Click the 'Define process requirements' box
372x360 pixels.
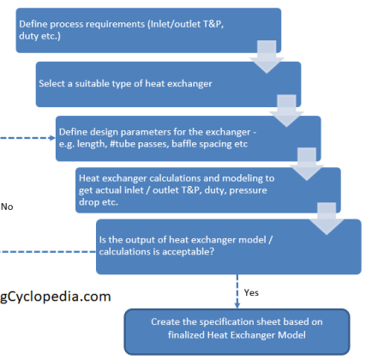(148, 30)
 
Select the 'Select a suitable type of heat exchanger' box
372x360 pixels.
(168, 84)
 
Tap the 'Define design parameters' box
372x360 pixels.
(189, 139)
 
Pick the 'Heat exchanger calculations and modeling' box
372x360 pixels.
(208, 190)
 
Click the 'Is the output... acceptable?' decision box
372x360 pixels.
(229, 247)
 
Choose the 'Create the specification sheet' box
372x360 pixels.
(237, 332)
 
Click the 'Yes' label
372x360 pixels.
(251, 292)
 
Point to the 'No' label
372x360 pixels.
(7, 207)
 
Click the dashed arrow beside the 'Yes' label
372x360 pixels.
(237, 291)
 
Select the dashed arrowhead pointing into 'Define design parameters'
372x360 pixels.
(52, 138)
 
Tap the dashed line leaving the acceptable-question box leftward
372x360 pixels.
(48, 252)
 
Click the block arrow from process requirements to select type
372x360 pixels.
(267, 57)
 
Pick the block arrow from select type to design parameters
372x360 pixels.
(286, 111)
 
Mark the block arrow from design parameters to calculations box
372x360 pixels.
(307, 164)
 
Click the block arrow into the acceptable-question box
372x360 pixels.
(327, 219)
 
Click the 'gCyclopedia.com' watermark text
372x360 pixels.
(56, 297)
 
